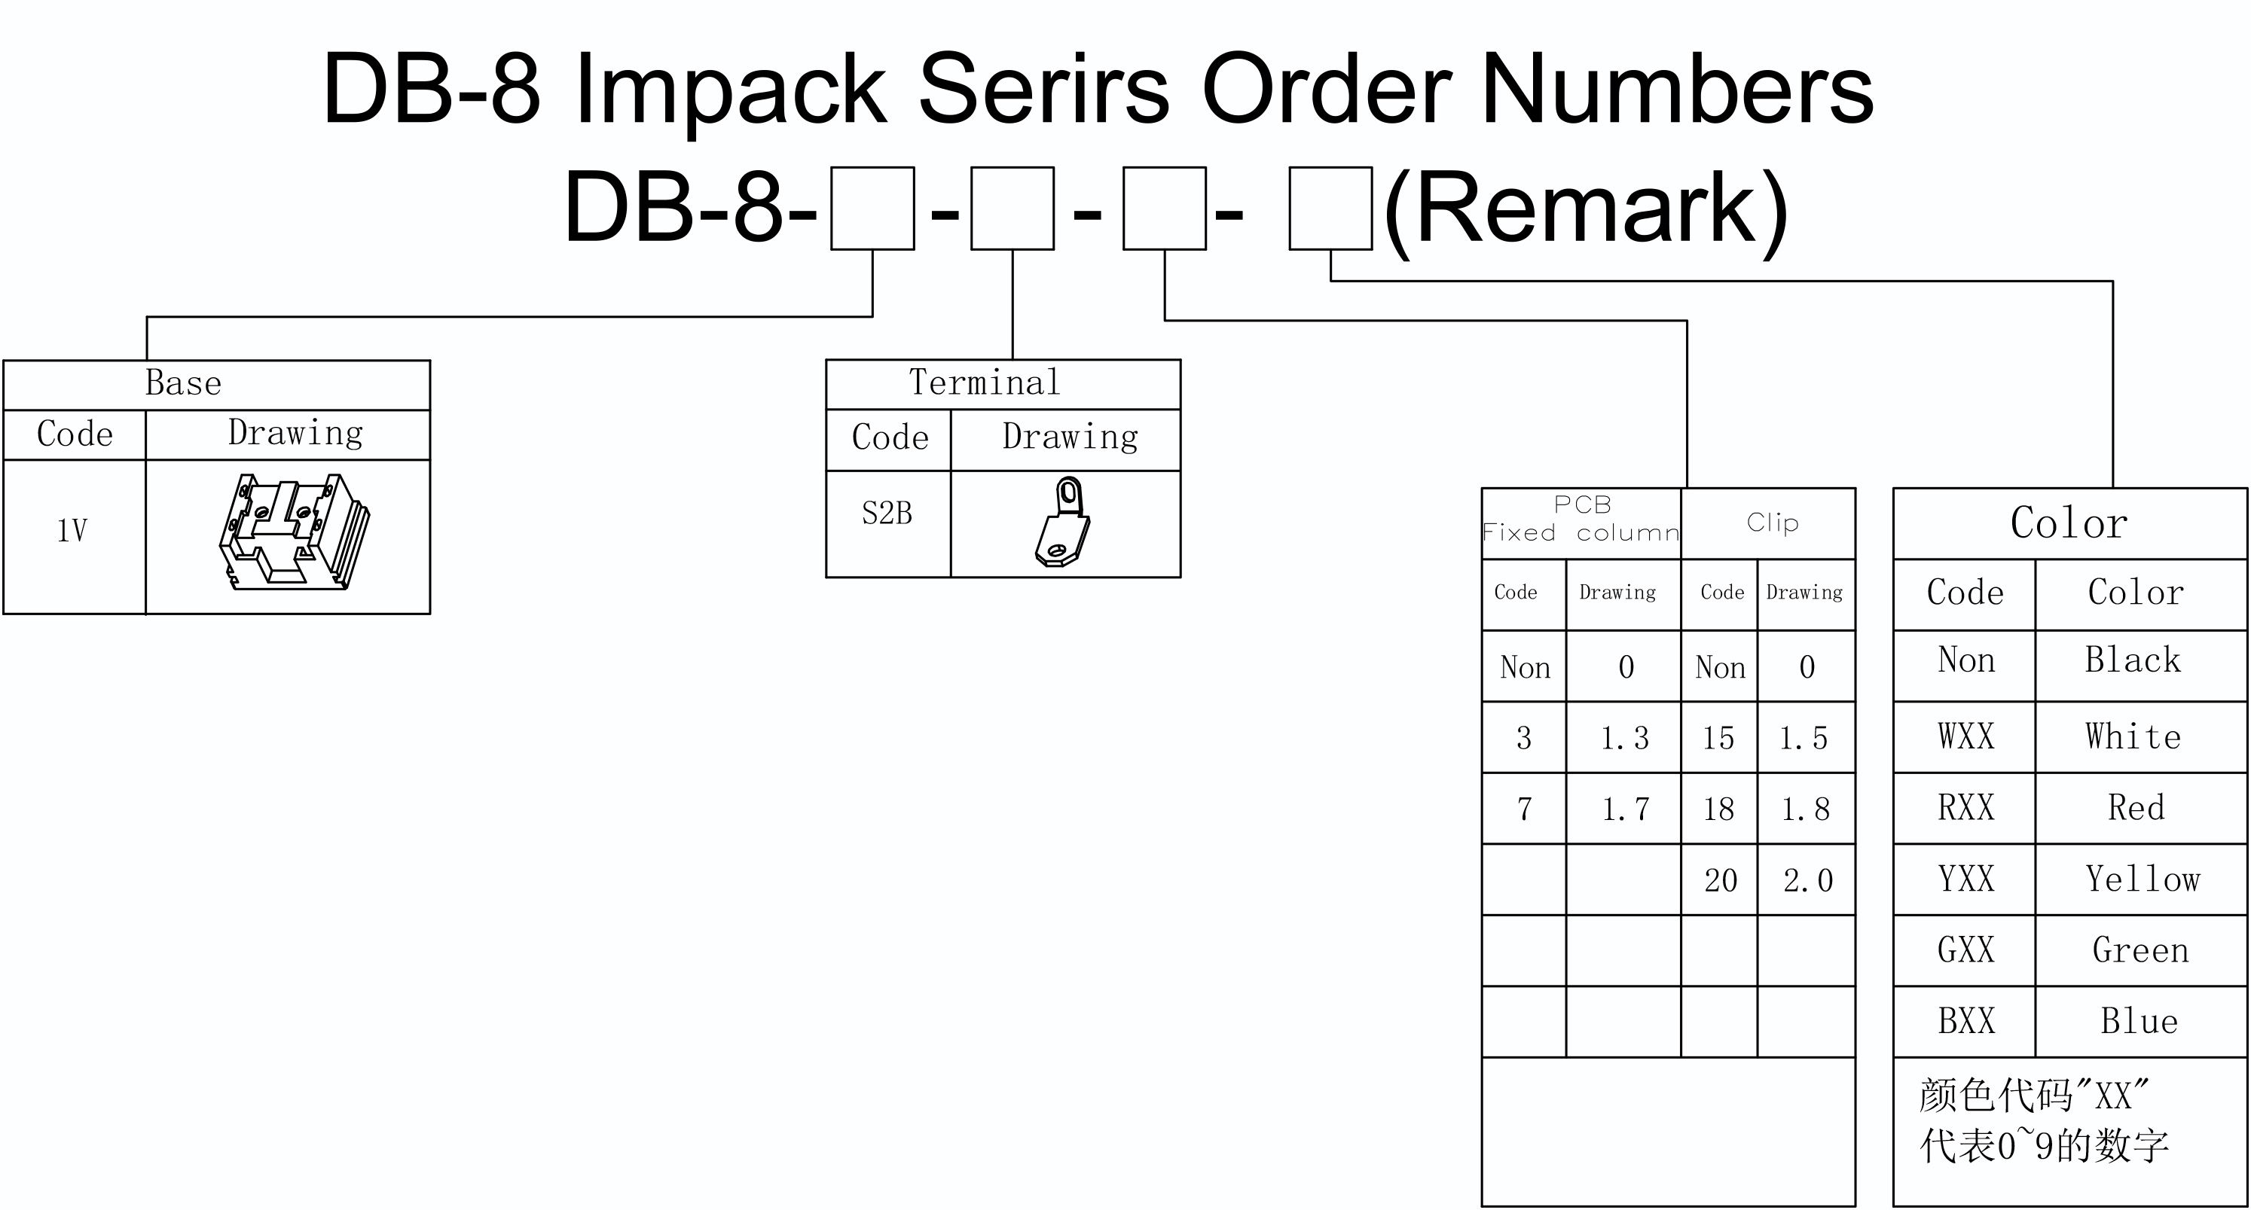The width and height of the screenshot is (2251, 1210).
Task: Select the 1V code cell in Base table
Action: coord(72,531)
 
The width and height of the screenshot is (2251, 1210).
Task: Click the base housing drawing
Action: coord(295,532)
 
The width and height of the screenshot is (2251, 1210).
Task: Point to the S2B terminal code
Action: coord(887,513)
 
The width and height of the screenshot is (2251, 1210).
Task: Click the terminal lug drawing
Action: coord(1062,522)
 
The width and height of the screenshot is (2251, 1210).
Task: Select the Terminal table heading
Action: coord(985,382)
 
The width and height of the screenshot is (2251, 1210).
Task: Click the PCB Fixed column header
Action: coord(1581,519)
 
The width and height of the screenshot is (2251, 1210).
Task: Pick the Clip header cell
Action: coord(1772,523)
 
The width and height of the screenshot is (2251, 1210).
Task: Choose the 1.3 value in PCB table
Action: coord(1624,738)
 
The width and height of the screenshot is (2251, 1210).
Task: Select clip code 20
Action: coord(1721,879)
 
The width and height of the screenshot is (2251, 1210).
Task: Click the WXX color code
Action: coord(1966,736)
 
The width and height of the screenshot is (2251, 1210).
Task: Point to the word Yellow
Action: coord(2143,879)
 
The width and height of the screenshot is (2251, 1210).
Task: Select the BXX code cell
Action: coord(1966,1021)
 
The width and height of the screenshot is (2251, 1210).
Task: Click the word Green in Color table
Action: coord(2141,950)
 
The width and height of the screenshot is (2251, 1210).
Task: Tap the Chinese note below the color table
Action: coord(2044,1121)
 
